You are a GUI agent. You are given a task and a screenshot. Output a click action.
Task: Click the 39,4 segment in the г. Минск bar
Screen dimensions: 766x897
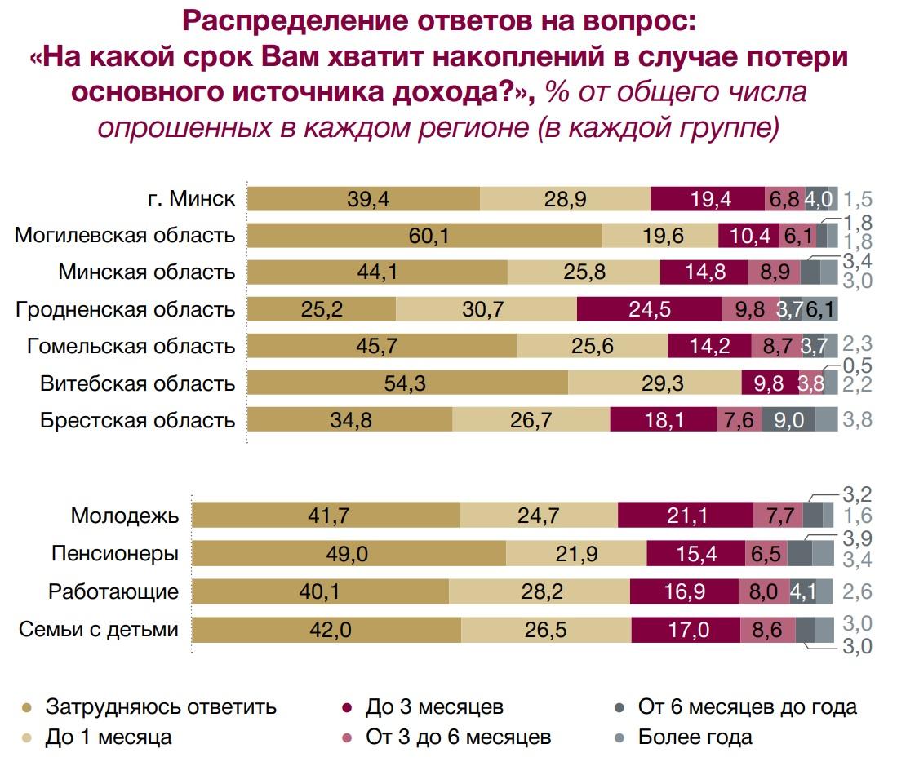(363, 199)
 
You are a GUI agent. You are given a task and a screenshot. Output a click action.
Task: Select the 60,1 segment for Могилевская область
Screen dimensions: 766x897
(424, 236)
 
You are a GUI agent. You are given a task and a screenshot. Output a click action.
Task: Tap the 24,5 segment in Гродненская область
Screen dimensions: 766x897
(649, 310)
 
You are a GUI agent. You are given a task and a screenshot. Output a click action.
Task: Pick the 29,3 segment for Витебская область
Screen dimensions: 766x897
(655, 383)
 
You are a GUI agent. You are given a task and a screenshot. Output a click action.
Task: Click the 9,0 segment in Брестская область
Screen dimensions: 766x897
(788, 420)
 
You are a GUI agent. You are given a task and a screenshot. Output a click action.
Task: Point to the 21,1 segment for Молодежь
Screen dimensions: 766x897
(686, 516)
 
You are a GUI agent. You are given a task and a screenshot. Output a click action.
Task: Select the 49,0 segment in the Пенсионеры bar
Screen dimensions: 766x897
(349, 553)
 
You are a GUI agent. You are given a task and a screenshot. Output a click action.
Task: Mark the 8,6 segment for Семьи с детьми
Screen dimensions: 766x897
(768, 630)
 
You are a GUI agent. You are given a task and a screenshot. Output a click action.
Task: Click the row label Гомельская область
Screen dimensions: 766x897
(131, 347)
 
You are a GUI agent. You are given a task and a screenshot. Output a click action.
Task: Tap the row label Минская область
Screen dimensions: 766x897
(147, 272)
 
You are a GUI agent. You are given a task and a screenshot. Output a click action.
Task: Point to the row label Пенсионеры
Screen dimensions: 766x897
(114, 554)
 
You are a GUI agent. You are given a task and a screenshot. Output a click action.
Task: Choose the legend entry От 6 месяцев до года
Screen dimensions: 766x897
(747, 706)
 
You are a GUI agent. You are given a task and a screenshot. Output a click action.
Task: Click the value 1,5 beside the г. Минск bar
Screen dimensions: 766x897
(859, 199)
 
